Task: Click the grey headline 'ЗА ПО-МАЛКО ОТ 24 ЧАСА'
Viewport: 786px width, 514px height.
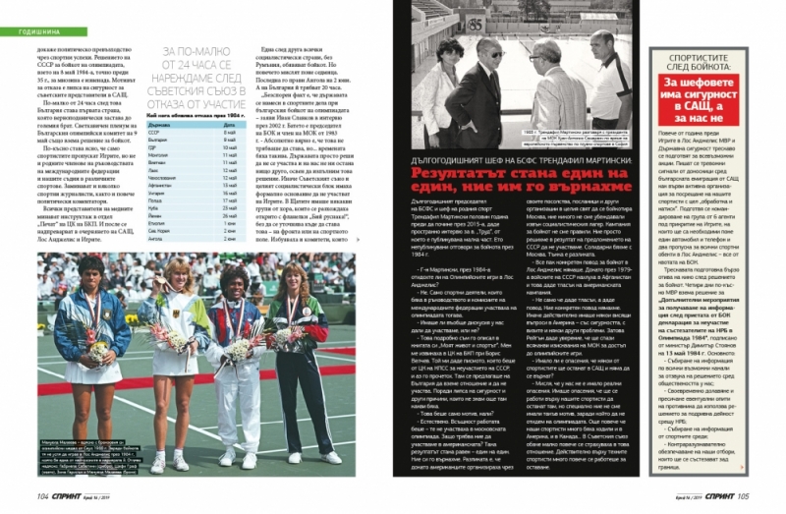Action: (x=196, y=70)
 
